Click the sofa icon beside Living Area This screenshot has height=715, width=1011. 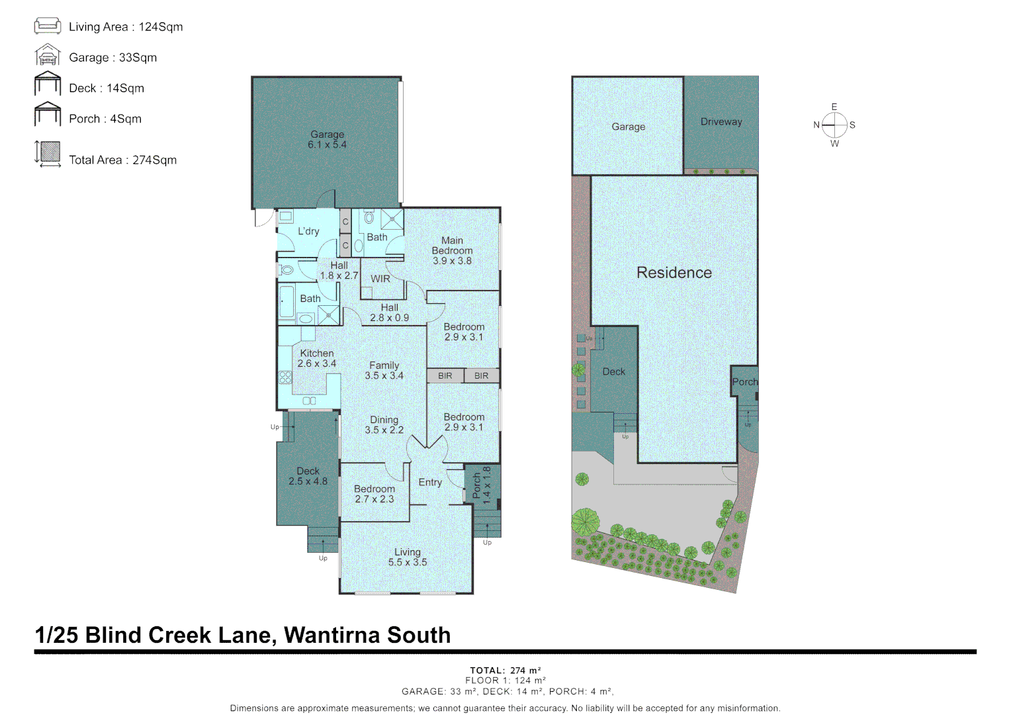pos(48,26)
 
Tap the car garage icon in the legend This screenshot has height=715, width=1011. pos(48,55)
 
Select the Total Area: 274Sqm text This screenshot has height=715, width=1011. pos(123,160)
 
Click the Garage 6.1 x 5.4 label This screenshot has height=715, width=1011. pos(328,140)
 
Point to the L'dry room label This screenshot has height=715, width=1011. pos(308,231)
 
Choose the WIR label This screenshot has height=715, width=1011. pos(380,279)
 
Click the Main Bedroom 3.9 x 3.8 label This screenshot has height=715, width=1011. pos(452,251)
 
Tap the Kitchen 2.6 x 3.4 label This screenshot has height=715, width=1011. pos(317,358)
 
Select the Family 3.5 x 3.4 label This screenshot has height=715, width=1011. pos(384,370)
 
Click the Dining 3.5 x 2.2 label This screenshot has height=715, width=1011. pos(384,424)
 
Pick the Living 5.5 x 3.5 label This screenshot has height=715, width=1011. pos(408,557)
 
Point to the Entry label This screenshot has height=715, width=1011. pos(430,483)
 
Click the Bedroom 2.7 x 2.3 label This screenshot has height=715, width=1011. pos(374,494)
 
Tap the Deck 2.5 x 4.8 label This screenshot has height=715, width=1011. pos(308,476)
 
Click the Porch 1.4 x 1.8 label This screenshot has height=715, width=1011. pos(482,485)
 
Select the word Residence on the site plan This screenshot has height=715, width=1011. pos(674,273)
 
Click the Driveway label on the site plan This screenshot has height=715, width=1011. pos(721,122)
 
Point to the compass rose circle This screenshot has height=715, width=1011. pos(834,124)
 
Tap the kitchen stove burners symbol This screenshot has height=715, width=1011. pos(285,377)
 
